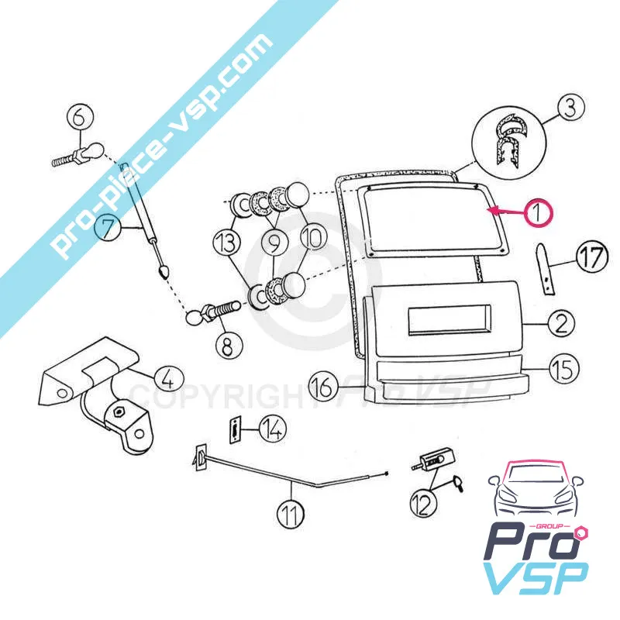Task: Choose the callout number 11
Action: click(x=291, y=512)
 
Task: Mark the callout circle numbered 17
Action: click(x=593, y=258)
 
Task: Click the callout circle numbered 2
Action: click(x=561, y=322)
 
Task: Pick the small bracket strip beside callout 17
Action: click(x=549, y=268)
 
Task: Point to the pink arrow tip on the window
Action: click(x=488, y=209)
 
